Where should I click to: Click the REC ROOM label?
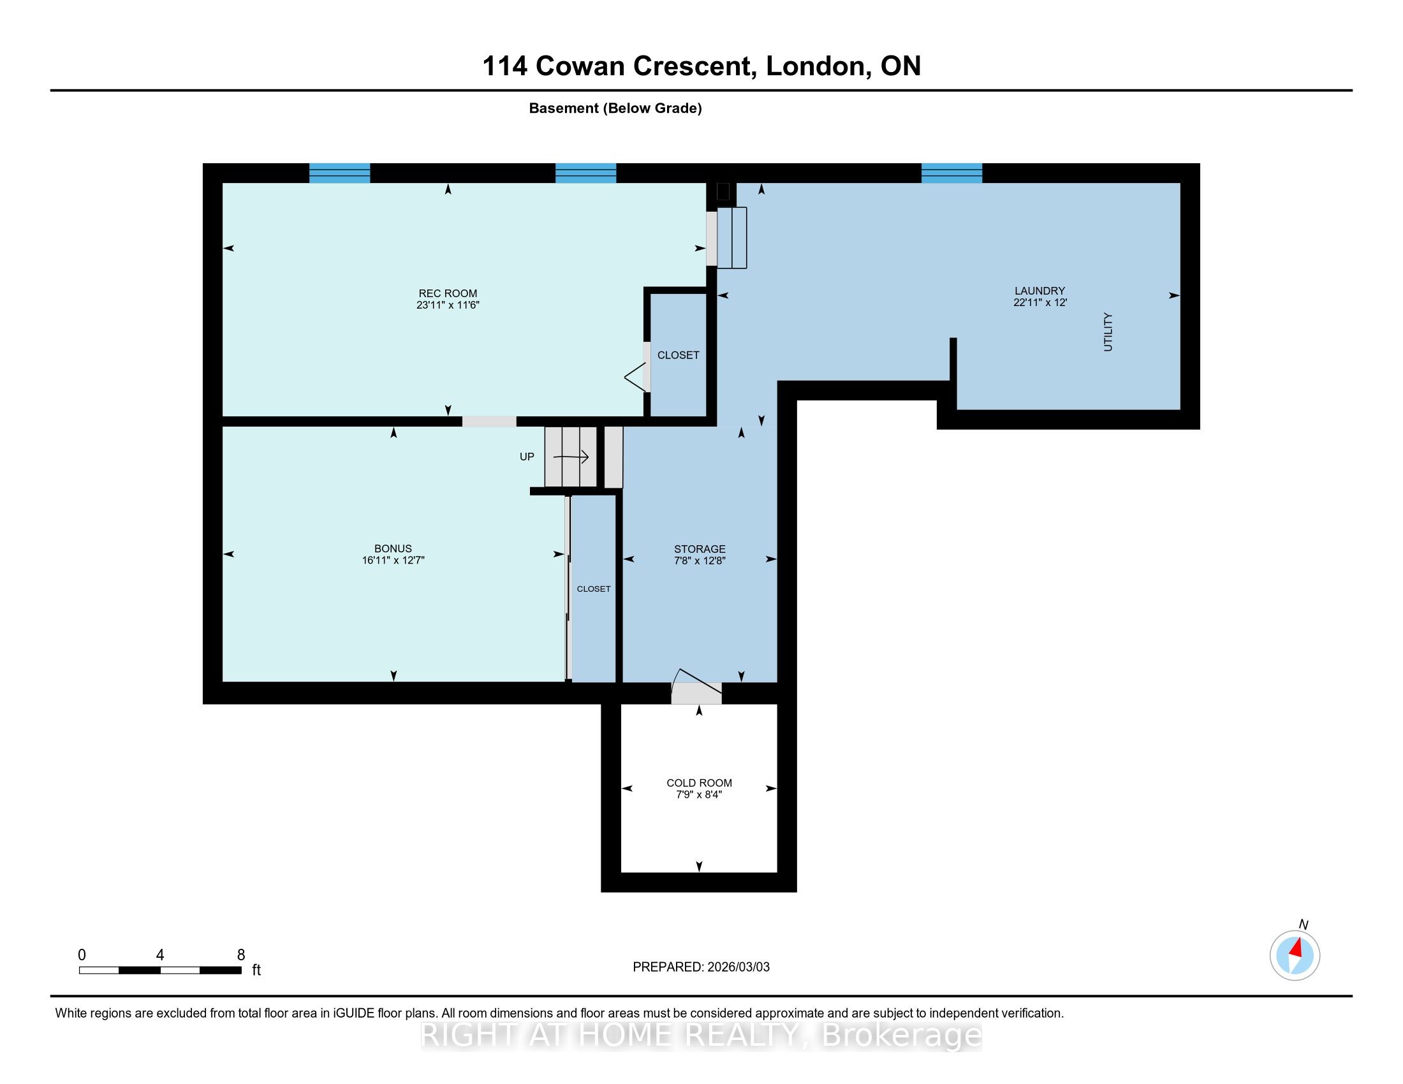point(448,293)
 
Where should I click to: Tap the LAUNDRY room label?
point(1039,291)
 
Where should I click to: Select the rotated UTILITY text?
point(1108,332)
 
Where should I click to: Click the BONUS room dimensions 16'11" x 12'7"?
point(393,560)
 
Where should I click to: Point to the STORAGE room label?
point(700,549)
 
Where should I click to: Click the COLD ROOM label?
point(699,783)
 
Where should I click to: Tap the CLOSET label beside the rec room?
point(678,355)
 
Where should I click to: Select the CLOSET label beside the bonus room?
point(594,589)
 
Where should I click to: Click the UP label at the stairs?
point(527,457)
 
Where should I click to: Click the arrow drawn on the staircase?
point(571,457)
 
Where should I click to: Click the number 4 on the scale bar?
point(160,955)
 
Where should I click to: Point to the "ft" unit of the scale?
point(256,970)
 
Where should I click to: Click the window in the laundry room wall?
point(951,173)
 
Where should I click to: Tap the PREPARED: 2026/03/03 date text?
point(701,967)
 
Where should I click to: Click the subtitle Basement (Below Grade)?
point(615,108)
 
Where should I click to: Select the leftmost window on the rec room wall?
point(339,173)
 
